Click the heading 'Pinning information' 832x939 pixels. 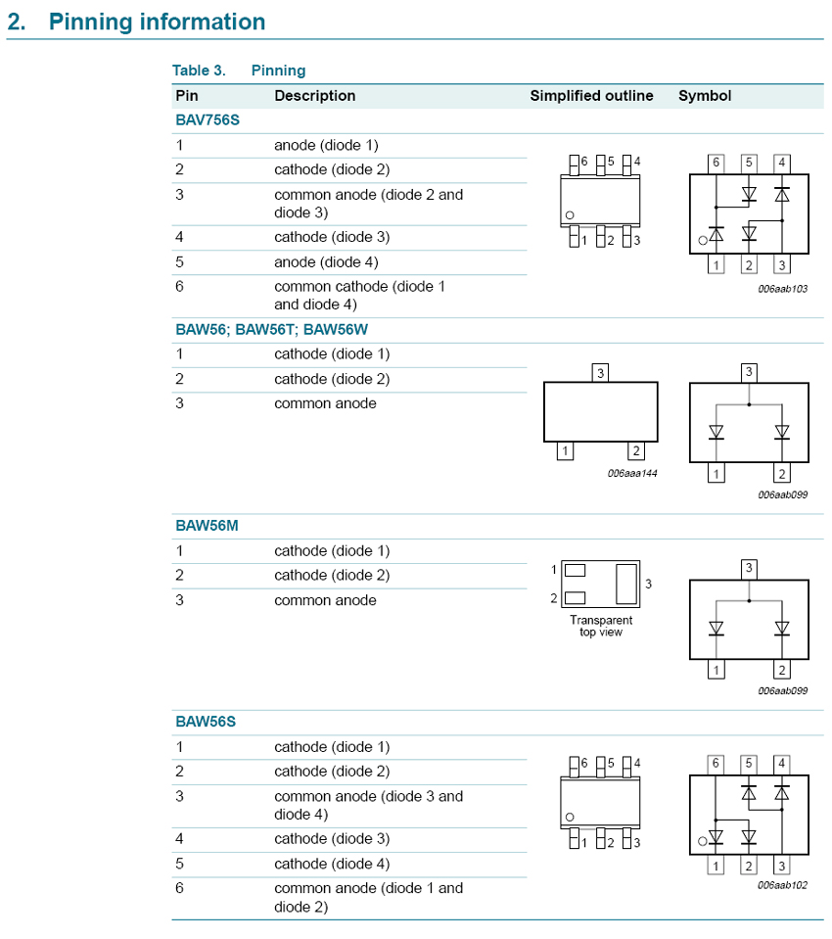157,22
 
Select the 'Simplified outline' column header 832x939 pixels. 591,96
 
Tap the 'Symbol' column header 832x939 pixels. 705,96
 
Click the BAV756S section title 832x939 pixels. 208,120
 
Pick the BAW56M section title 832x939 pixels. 208,526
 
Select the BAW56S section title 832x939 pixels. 207,722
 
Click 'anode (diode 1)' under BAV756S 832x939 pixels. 326,145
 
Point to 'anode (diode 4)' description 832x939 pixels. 326,261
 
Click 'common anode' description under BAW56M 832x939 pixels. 325,600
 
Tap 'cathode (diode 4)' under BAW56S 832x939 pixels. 332,864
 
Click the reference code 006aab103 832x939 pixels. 783,289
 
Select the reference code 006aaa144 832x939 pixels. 632,473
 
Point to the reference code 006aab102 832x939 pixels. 783,884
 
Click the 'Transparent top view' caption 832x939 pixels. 601,626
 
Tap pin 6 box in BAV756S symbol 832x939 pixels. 716,163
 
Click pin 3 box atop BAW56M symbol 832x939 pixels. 749,568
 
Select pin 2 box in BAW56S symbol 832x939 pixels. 749,866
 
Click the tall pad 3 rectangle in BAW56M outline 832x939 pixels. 624,583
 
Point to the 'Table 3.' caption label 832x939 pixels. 199,70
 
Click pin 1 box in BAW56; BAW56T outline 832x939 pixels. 564,451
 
